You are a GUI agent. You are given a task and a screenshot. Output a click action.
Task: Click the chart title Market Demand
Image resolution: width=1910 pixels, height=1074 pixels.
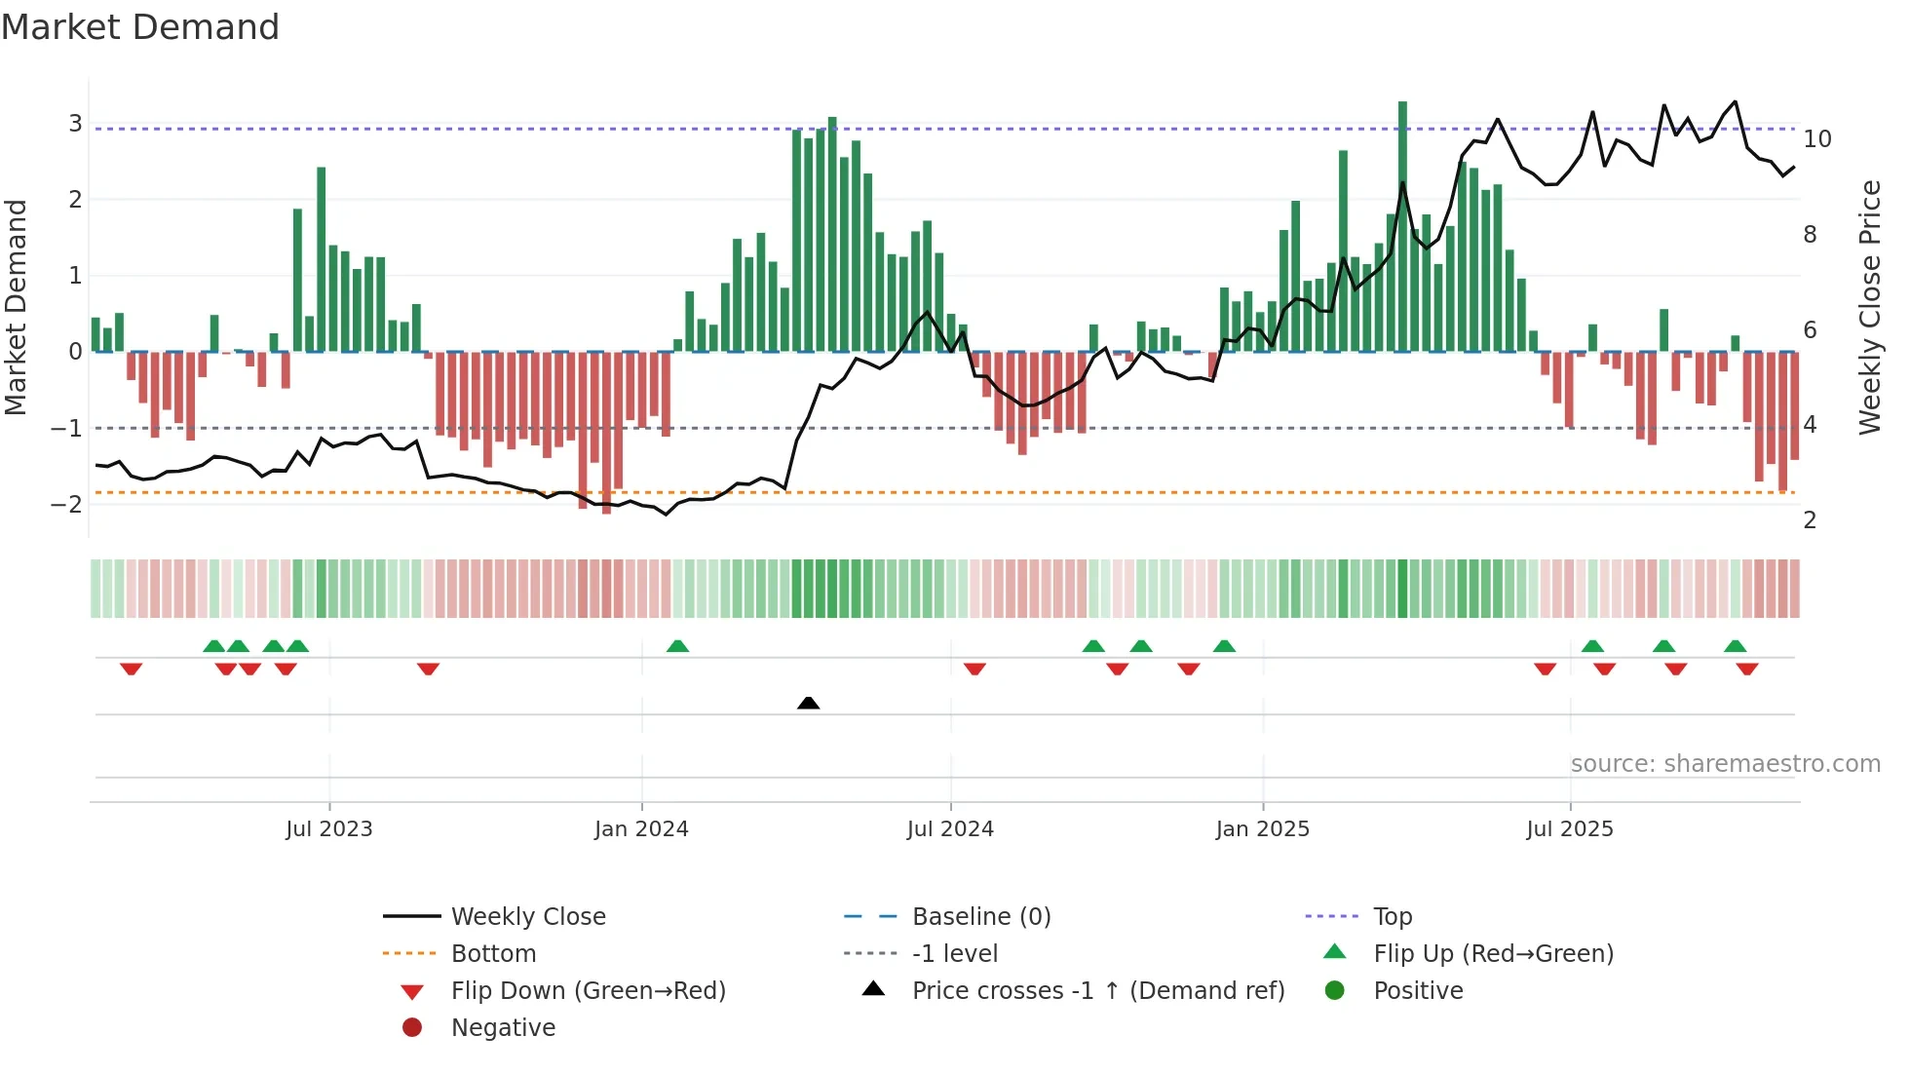pyautogui.click(x=140, y=27)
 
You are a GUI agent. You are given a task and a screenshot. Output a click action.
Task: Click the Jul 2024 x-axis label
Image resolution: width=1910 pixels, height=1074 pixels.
pyautogui.click(x=950, y=829)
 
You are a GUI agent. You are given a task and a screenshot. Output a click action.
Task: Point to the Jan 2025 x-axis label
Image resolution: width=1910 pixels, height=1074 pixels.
pyautogui.click(x=1262, y=829)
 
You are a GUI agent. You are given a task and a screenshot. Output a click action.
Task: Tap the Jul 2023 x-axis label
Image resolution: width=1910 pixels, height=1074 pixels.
pyautogui.click(x=329, y=829)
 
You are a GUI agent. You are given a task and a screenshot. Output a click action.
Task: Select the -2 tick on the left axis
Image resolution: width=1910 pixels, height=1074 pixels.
pyautogui.click(x=67, y=504)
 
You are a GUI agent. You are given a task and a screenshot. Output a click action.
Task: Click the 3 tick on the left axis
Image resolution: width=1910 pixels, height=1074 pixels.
pyautogui.click(x=75, y=124)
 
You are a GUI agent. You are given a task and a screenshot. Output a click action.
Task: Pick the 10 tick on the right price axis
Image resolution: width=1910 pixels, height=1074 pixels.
pyautogui.click(x=1816, y=139)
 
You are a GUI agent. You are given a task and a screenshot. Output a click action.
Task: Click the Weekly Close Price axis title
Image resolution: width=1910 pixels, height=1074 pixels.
pyautogui.click(x=1869, y=307)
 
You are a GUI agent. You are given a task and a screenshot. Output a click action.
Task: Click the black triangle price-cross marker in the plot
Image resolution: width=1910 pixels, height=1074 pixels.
pyautogui.click(x=808, y=703)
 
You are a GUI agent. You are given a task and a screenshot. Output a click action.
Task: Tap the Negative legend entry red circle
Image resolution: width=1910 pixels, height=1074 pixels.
pyautogui.click(x=412, y=1028)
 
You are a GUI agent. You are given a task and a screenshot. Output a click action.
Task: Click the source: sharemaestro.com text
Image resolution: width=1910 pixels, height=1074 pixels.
pyautogui.click(x=1725, y=764)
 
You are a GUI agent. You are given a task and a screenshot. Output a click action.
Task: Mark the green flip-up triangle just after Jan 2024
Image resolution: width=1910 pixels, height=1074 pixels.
pyautogui.click(x=677, y=646)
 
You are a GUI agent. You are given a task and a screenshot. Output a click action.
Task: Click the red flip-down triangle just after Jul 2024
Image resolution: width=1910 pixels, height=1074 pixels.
pyautogui.click(x=974, y=669)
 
